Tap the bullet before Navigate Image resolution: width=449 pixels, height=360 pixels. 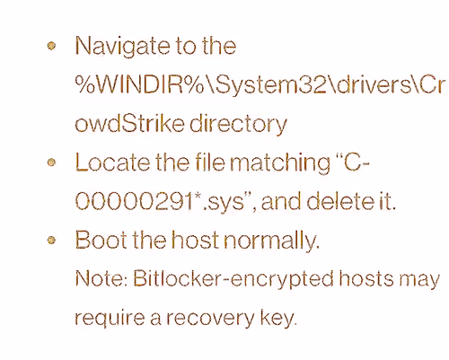point(51,46)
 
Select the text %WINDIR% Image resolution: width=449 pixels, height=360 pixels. point(139,85)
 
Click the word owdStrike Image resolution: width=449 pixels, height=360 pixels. point(129,124)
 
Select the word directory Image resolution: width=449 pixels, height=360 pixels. point(238,125)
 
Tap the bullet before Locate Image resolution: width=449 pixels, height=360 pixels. point(51,162)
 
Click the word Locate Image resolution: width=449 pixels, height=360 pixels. point(112,162)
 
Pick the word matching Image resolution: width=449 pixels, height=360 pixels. point(280,163)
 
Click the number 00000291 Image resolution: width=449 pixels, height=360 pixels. point(134,201)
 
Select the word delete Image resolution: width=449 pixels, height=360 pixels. point(340,201)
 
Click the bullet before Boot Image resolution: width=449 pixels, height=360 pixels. point(51,240)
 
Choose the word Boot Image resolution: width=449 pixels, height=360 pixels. point(101,240)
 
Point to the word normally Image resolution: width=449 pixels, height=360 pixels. point(272,241)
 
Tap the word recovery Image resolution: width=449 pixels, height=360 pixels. point(210,319)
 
